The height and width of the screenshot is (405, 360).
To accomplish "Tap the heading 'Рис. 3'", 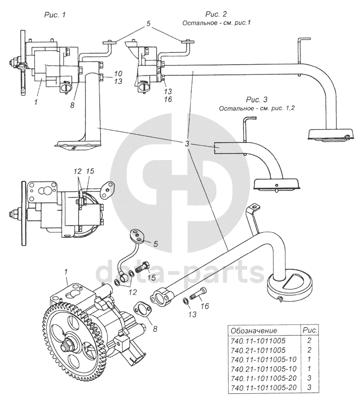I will click(x=256, y=99).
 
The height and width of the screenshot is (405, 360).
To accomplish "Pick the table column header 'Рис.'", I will click(x=310, y=330).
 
